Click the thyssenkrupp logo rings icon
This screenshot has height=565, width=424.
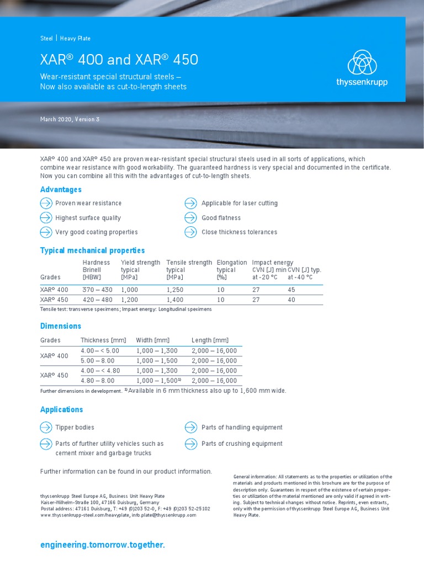[x=362, y=62]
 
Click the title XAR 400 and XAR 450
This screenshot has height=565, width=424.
[x=119, y=60]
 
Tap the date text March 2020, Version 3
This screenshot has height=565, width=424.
[x=70, y=120]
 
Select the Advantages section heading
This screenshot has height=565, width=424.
[x=61, y=189]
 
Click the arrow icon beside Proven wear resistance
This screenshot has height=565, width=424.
[x=46, y=203]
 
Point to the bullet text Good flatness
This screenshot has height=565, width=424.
[x=221, y=218]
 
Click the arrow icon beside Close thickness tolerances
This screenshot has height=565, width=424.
[x=190, y=232]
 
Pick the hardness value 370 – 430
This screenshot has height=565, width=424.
[x=97, y=290]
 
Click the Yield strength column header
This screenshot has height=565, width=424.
[x=140, y=263]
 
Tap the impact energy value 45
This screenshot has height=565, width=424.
[x=291, y=290]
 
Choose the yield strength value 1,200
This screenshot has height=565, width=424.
[x=130, y=300]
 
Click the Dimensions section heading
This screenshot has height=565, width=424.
[x=61, y=326]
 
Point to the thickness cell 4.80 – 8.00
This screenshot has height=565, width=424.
[x=98, y=380]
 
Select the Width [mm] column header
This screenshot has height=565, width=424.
[x=152, y=340]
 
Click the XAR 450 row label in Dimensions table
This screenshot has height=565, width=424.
[x=54, y=375]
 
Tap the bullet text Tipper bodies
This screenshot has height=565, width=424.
[x=75, y=427]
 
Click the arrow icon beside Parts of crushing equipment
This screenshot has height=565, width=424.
[x=190, y=444]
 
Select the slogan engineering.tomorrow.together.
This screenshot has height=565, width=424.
[x=103, y=545]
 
